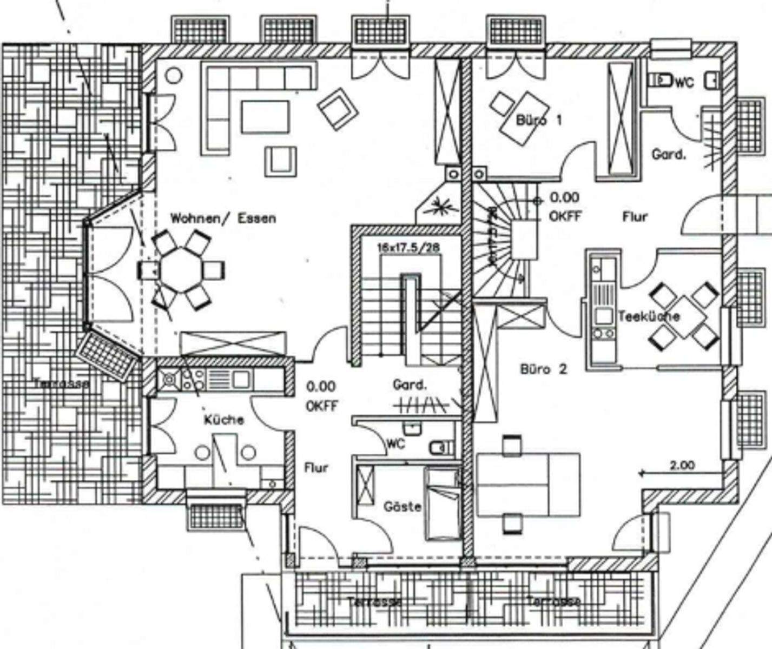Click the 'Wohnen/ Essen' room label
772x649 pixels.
click(223, 218)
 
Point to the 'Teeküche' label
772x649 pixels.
click(649, 316)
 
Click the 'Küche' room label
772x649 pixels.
click(224, 420)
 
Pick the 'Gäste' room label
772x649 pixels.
click(403, 507)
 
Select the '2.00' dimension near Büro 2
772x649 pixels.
click(683, 465)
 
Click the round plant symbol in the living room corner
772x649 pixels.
click(174, 75)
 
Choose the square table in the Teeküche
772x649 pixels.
click(685, 316)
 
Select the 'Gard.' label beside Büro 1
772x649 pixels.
click(669, 155)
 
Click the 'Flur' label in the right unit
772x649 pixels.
click(635, 217)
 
